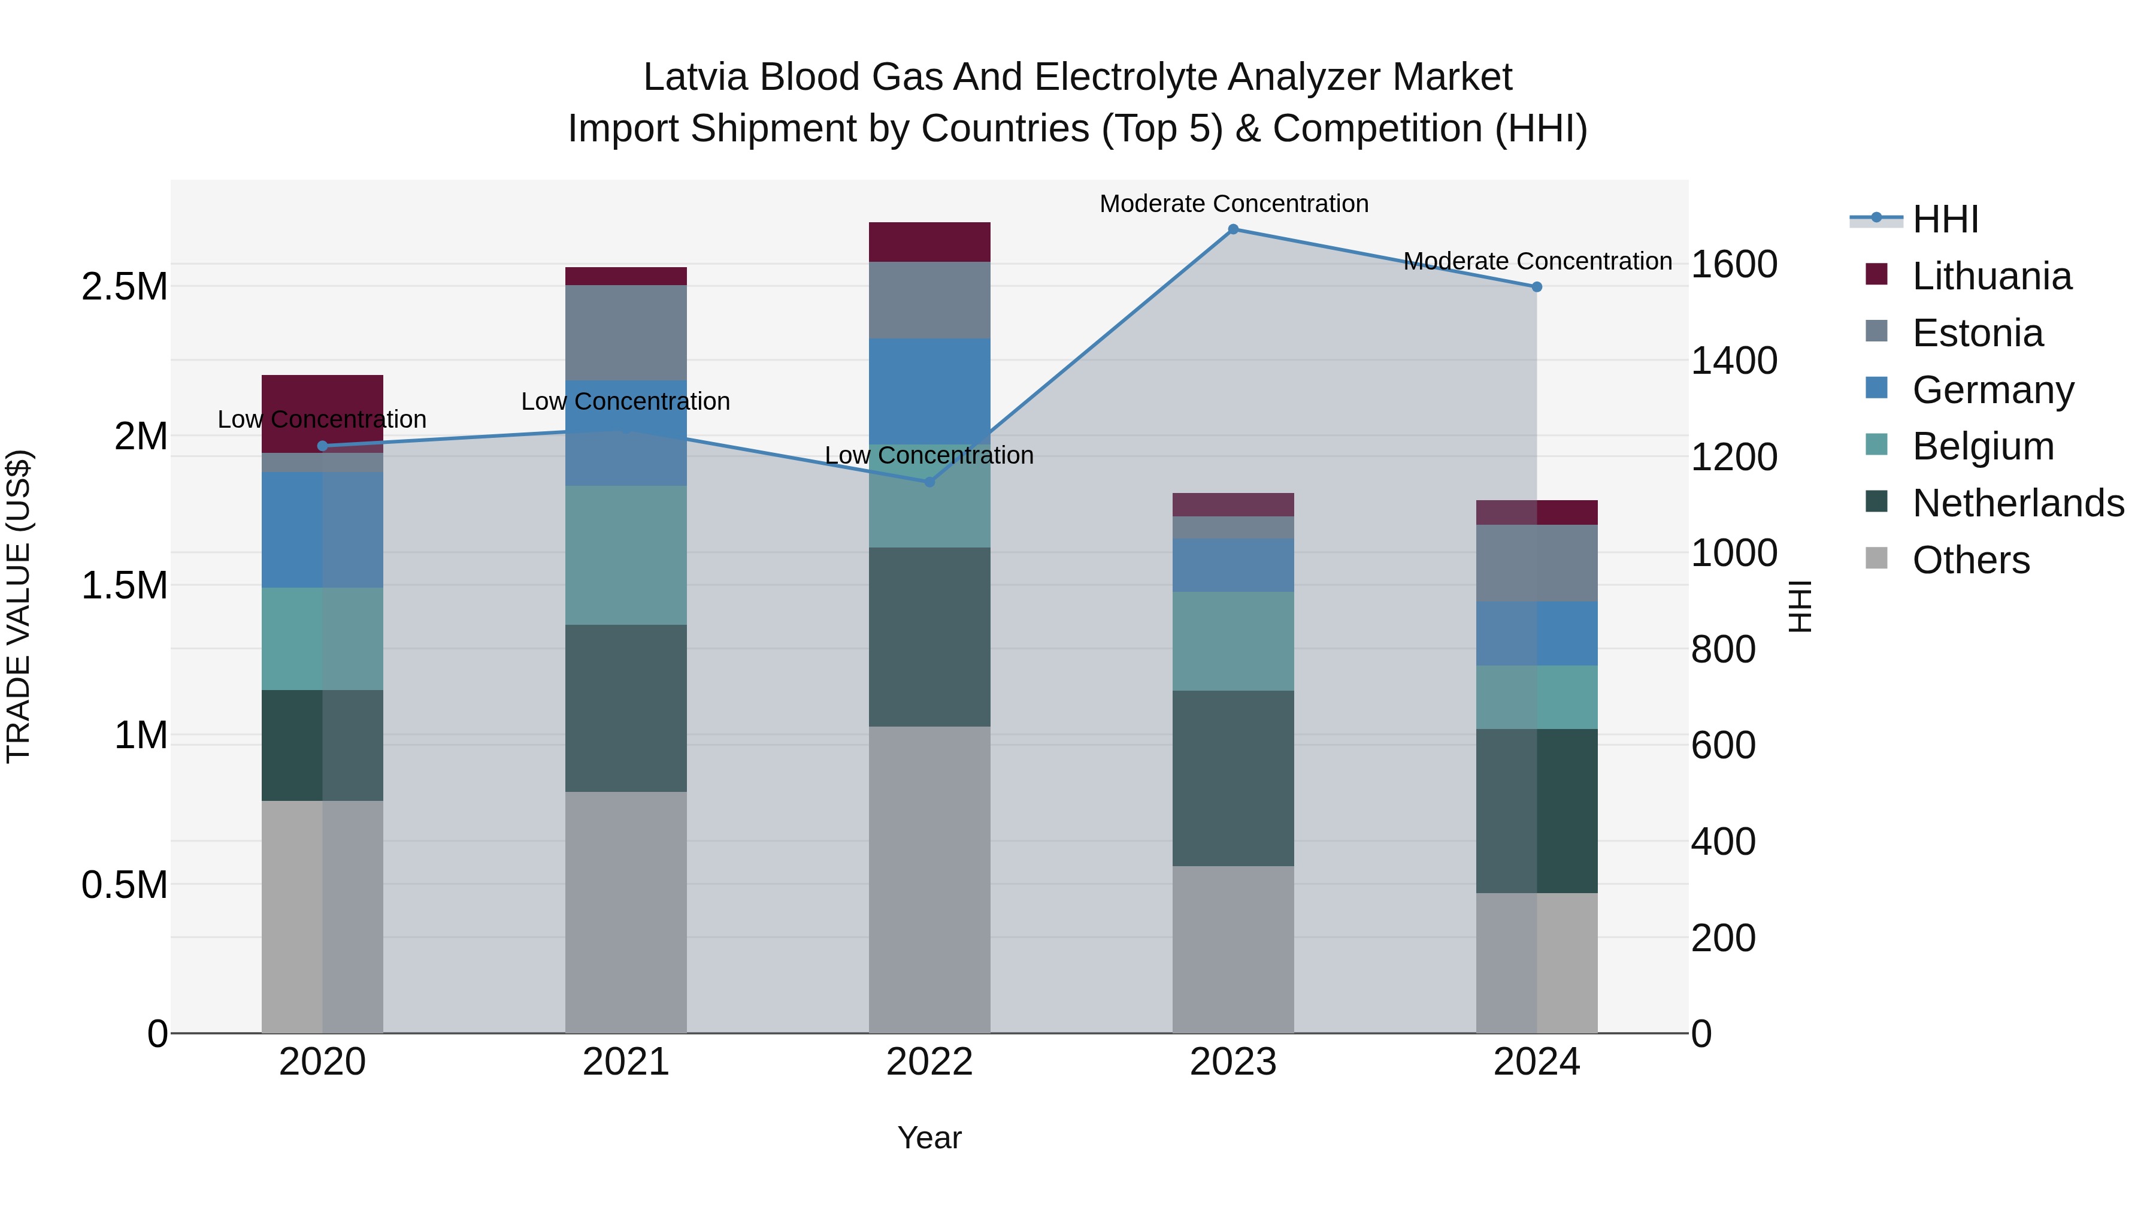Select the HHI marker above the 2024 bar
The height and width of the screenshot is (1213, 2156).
click(x=1537, y=287)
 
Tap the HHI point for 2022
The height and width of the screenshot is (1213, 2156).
click(x=929, y=482)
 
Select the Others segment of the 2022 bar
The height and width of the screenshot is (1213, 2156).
click(x=929, y=879)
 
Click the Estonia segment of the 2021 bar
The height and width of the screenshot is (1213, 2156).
click(x=625, y=332)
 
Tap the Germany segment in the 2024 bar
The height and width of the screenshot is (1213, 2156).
click(x=1537, y=633)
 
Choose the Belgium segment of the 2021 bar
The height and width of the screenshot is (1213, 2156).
click(x=625, y=555)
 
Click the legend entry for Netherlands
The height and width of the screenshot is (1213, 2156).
click(x=2017, y=503)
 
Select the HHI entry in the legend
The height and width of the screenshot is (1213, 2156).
click(x=1944, y=219)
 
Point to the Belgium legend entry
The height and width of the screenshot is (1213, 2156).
click(x=1982, y=446)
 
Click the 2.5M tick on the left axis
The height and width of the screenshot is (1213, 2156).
click(x=124, y=287)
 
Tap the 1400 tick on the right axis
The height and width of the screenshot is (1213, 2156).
click(x=1734, y=361)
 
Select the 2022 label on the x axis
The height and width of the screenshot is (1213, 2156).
click(x=929, y=1062)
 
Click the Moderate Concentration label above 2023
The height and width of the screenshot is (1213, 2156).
click(x=1234, y=204)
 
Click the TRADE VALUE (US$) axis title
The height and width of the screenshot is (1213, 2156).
click(x=19, y=606)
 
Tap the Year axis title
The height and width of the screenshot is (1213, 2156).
click(x=929, y=1138)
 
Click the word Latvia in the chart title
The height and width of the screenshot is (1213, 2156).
click(x=694, y=77)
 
